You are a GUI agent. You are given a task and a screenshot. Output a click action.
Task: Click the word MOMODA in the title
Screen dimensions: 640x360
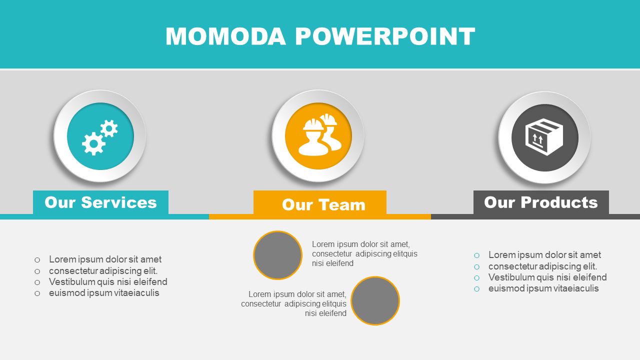point(225,36)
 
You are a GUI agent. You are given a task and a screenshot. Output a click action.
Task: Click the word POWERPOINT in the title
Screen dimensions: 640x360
point(385,36)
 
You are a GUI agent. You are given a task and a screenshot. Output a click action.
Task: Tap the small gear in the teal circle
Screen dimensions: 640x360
point(109,128)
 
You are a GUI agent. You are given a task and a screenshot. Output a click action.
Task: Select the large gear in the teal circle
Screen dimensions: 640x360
point(93,143)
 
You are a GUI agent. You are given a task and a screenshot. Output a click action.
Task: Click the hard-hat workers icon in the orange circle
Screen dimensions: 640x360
point(320,134)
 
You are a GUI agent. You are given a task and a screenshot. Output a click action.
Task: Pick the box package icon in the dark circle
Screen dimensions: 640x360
point(544,137)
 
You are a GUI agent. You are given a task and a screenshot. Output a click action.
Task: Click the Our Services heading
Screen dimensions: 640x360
point(100,202)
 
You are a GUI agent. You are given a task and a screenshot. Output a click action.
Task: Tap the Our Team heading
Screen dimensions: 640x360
point(323,204)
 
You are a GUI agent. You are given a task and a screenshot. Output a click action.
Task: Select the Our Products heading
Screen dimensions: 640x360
point(541,202)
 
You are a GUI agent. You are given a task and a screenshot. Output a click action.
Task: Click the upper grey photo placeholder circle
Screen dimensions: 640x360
point(277,255)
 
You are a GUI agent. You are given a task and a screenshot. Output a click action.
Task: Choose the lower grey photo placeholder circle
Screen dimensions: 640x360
point(375,300)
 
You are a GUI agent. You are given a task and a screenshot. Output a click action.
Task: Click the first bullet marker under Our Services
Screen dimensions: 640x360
point(37,260)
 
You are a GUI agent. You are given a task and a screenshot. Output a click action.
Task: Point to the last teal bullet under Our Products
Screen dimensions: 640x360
point(476,289)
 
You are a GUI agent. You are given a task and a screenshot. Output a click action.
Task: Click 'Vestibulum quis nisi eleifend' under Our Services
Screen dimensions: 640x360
point(108,281)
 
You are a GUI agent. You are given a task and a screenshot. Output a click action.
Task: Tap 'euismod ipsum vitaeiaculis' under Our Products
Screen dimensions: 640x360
point(543,288)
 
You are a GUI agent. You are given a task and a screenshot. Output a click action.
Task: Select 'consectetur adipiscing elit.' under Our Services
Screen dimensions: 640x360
point(103,270)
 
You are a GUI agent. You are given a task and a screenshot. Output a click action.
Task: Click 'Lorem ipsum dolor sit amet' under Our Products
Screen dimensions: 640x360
point(544,254)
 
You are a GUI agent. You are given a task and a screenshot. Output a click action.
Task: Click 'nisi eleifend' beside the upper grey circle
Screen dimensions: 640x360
point(332,263)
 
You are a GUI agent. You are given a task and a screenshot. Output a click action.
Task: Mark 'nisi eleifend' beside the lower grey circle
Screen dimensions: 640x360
point(325,313)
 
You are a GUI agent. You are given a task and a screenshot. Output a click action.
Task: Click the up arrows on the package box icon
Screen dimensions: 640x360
point(537,139)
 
